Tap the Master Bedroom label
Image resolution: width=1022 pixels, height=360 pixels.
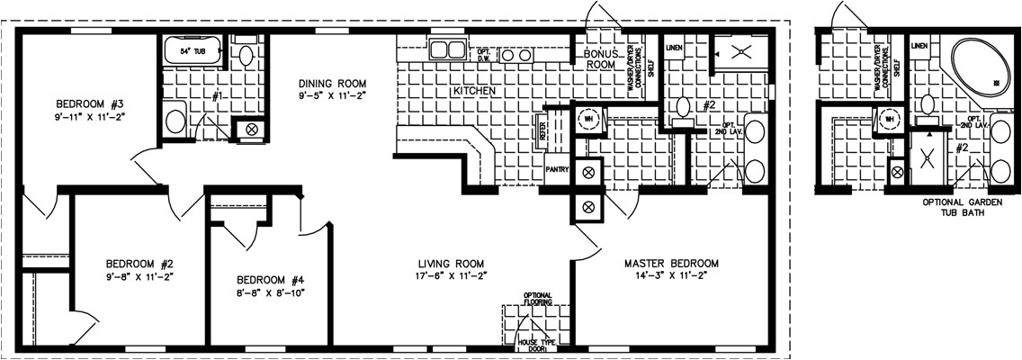[x=671, y=264]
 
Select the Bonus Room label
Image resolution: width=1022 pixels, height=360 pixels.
[x=598, y=58]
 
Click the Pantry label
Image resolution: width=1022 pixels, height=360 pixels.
[x=556, y=168]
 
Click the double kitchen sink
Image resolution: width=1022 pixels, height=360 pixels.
[x=447, y=49]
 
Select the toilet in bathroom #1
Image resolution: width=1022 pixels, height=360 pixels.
[x=247, y=52]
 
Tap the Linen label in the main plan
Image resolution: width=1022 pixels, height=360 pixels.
[x=673, y=45]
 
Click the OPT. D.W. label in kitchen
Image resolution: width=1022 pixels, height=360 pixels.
[x=483, y=53]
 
